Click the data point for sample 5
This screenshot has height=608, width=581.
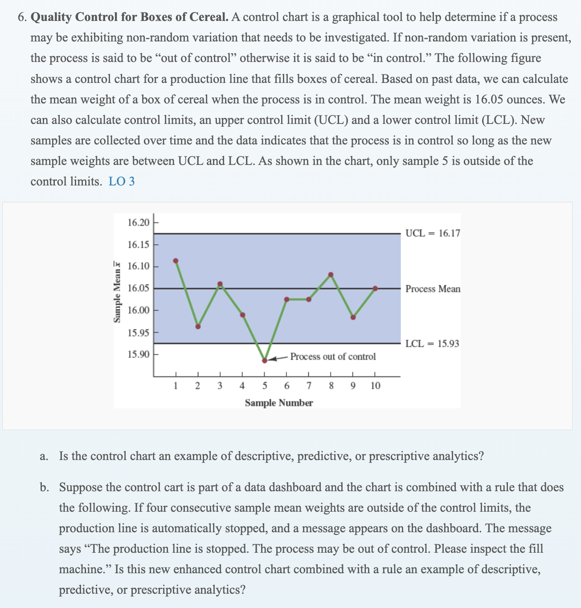265,360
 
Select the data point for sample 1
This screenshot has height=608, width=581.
176,261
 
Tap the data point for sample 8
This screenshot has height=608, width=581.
331,275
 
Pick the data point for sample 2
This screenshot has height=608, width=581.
198,326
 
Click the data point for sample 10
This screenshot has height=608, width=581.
375,288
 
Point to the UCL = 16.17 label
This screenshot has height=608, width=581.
433,233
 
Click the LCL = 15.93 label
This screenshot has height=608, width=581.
432,344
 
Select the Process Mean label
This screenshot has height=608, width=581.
433,289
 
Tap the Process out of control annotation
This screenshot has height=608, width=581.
333,357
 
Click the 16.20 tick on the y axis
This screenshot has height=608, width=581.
139,222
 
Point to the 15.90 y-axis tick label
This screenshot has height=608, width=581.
139,354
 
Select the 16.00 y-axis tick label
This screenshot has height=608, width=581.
139,310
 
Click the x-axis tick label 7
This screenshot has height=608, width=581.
309,386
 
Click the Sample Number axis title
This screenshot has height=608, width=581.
279,403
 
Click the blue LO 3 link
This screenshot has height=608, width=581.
122,181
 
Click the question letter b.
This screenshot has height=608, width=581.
43,487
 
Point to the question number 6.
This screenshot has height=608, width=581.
22,17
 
